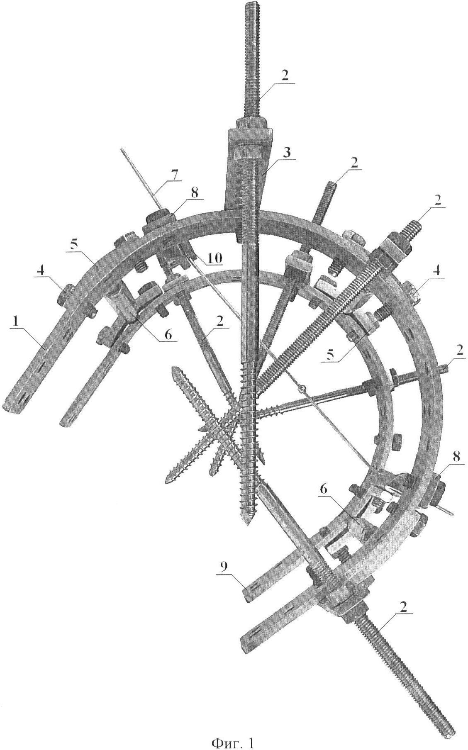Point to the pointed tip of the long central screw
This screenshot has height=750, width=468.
247,524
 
